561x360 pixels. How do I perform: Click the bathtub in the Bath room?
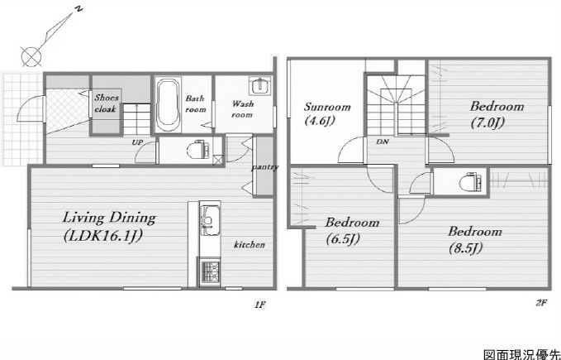point(168,105)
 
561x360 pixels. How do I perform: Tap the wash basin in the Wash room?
point(260,86)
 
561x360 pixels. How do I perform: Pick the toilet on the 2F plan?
point(470,181)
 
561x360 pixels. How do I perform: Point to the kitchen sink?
point(210,220)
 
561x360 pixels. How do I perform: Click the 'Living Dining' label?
point(109,218)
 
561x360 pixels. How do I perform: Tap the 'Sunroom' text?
point(327,107)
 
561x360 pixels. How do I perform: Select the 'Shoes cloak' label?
point(107,103)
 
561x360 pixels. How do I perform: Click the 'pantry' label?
point(264,167)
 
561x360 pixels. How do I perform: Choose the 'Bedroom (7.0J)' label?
point(497,114)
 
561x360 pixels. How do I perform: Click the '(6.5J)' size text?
point(343,239)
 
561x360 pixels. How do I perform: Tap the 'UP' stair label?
point(137,142)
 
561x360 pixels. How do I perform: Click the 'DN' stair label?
point(382,142)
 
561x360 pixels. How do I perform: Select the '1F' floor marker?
point(259,305)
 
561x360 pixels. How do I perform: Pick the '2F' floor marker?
point(542,303)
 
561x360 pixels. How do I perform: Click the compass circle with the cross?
point(31,56)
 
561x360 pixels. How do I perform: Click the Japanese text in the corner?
point(522,355)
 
